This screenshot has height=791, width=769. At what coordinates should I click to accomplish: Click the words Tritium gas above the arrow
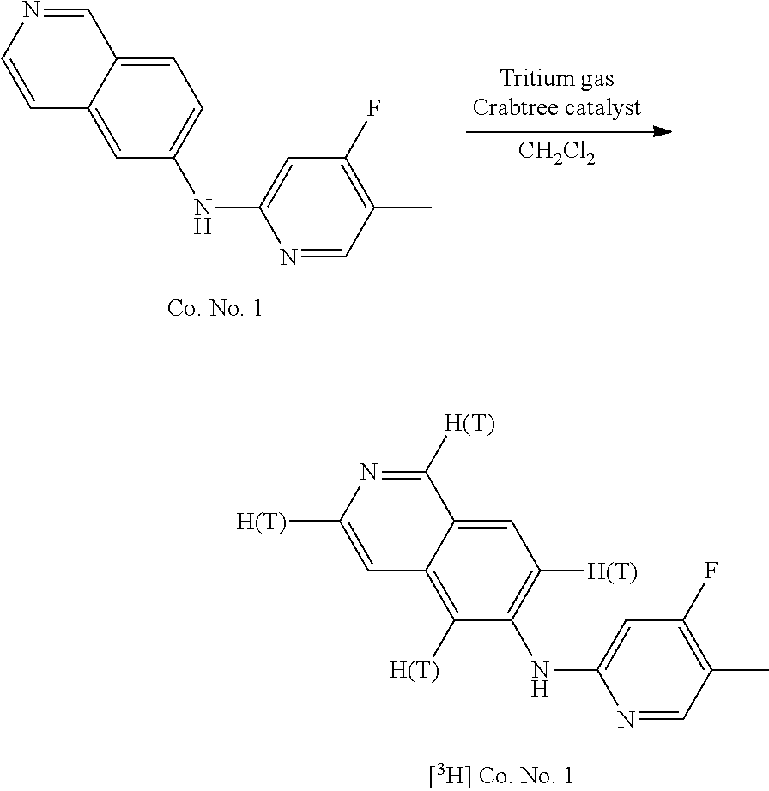tap(557, 79)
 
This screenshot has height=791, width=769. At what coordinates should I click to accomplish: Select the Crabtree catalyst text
tap(557, 109)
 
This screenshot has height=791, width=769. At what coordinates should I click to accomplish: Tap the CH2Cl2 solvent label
tap(557, 154)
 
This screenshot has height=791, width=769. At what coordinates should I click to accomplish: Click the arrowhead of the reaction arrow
tap(660, 131)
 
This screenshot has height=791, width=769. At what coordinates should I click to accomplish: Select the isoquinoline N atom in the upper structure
tap(32, 11)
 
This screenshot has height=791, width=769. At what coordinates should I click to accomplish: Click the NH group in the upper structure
tap(203, 214)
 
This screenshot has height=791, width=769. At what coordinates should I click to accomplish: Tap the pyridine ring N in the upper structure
tap(288, 256)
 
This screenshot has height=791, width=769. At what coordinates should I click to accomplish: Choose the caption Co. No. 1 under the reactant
tap(215, 309)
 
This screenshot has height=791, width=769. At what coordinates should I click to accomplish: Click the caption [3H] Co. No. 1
tap(500, 776)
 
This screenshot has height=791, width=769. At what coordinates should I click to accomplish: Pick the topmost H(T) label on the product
tap(469, 425)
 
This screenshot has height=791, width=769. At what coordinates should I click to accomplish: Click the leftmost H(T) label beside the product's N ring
tap(262, 522)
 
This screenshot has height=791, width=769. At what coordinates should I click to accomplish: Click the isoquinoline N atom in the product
tap(368, 473)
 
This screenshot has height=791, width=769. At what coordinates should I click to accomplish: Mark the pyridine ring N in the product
tap(626, 717)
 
